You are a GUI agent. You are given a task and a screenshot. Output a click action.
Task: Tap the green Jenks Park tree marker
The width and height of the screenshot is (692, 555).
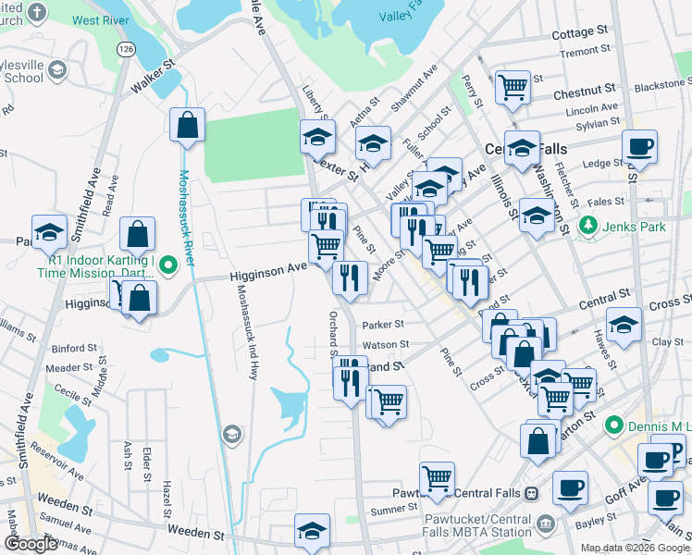[x=587, y=225]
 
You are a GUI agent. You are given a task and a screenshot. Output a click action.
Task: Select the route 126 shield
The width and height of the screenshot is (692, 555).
[x=124, y=46]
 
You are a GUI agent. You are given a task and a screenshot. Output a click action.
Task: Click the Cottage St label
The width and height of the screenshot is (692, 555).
[x=578, y=33]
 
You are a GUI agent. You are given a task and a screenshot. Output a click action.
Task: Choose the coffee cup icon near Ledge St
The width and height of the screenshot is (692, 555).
[x=639, y=145]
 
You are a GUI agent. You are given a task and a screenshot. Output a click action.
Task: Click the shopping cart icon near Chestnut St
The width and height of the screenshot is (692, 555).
[x=513, y=88]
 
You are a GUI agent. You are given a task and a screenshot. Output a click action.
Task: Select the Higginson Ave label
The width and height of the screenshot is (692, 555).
[x=268, y=267]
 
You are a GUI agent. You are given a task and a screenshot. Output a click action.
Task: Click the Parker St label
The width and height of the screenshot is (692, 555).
[x=384, y=325]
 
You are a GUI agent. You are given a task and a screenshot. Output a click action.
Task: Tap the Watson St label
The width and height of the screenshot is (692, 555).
[x=386, y=345]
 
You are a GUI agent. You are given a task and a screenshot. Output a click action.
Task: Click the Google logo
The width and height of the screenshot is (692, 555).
[x=31, y=544]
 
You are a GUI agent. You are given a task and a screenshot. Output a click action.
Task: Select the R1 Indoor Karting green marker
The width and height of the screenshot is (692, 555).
[x=167, y=266]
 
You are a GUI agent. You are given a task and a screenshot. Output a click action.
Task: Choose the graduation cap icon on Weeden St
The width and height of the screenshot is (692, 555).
[x=312, y=530]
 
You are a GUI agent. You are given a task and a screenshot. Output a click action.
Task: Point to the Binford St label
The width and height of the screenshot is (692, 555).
[x=69, y=349]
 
